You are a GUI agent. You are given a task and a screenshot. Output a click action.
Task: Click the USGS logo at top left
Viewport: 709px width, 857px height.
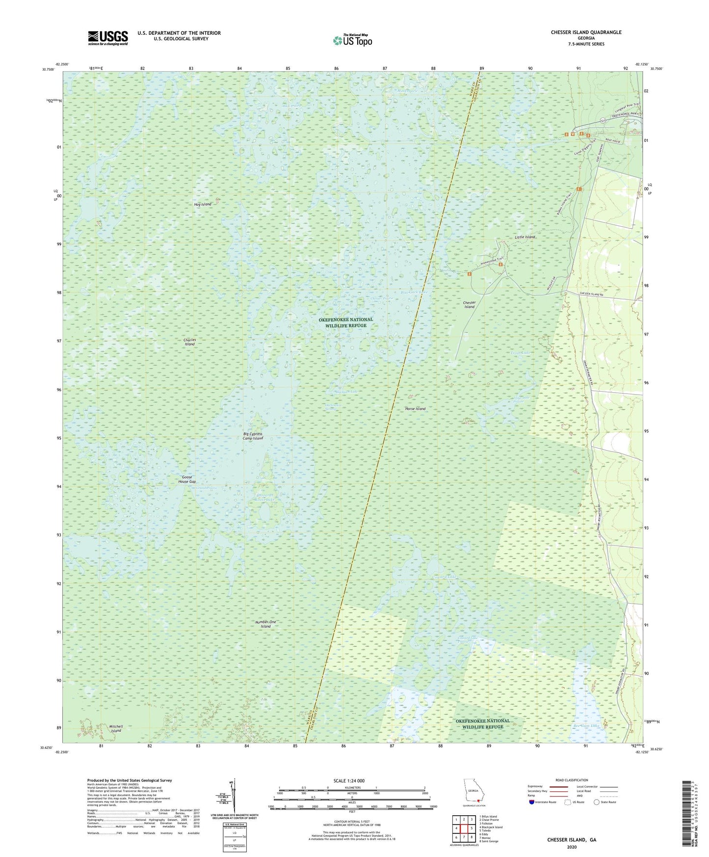108,38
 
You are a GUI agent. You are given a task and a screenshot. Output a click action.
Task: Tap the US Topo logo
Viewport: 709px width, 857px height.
352,40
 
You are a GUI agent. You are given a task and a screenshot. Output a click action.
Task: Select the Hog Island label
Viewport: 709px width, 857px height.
203,204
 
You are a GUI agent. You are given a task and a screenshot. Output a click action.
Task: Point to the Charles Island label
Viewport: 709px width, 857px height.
189,342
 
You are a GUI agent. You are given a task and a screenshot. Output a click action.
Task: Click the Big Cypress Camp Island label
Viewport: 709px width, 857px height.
253,436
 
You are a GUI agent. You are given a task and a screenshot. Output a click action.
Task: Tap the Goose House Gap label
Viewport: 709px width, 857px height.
186,479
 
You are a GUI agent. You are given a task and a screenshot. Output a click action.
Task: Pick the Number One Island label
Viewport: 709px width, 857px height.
265,624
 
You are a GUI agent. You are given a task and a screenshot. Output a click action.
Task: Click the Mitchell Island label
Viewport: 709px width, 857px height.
116,728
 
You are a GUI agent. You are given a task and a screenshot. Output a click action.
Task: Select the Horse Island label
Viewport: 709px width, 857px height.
415,408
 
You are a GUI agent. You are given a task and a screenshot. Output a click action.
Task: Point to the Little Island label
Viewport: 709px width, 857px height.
525,237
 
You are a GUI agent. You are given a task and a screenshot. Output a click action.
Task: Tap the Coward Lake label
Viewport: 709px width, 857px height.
444,577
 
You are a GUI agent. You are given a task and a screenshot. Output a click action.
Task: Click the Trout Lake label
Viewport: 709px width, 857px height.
520,353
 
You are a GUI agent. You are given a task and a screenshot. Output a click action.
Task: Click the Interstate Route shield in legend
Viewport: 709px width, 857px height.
532,802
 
